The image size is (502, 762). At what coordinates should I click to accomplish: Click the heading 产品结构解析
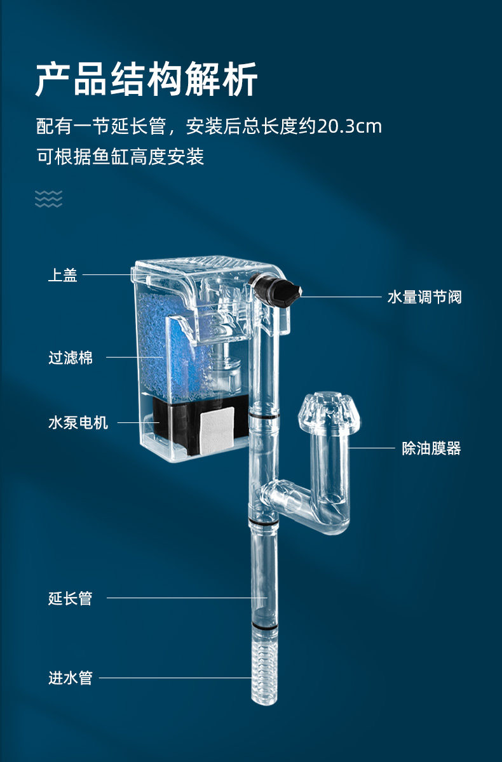pos(146,80)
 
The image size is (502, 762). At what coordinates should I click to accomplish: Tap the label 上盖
pos(63,276)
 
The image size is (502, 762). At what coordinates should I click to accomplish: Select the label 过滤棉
pos(71,358)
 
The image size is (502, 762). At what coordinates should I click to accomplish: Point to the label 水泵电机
pos(78,423)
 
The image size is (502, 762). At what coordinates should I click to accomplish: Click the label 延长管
pos(71,598)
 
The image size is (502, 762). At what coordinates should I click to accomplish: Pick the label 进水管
pos(71,678)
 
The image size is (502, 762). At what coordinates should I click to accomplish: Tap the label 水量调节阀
pos(424,297)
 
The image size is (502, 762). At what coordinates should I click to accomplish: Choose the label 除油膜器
pos(431,449)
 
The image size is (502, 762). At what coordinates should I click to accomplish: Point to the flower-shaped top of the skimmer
pos(330,410)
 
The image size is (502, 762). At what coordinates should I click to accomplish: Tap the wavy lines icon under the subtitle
pos(49,199)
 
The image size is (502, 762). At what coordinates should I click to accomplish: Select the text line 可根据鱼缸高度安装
pos(120,157)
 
